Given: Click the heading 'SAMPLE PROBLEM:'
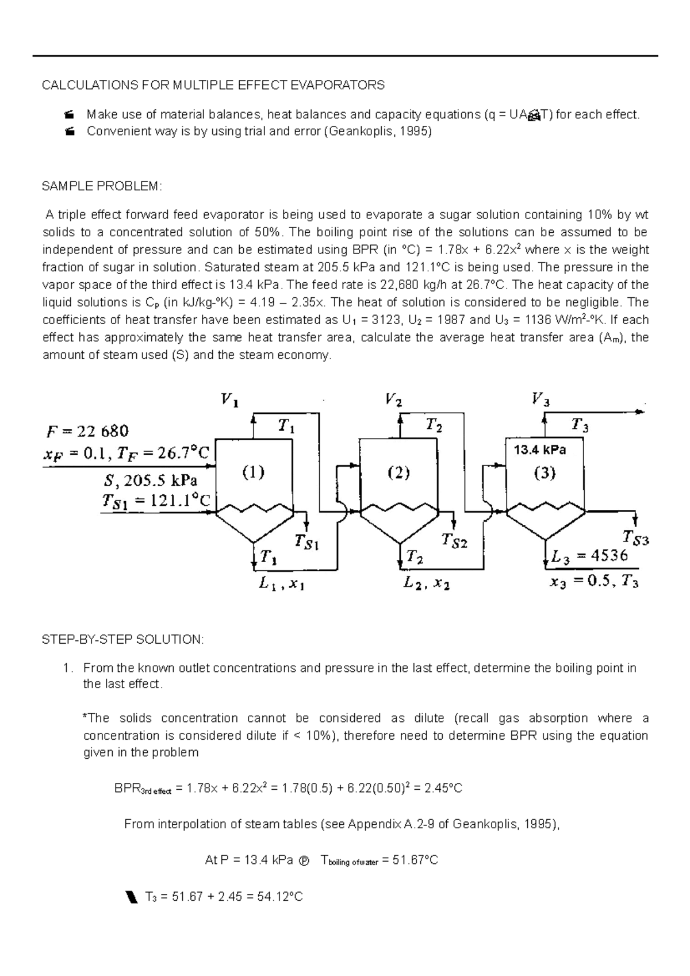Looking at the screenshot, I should point(102,186).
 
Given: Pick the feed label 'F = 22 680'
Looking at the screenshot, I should point(87,431).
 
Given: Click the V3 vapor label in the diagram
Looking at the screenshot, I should point(540,399).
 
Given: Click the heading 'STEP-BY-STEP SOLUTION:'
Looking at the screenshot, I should point(123,639).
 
